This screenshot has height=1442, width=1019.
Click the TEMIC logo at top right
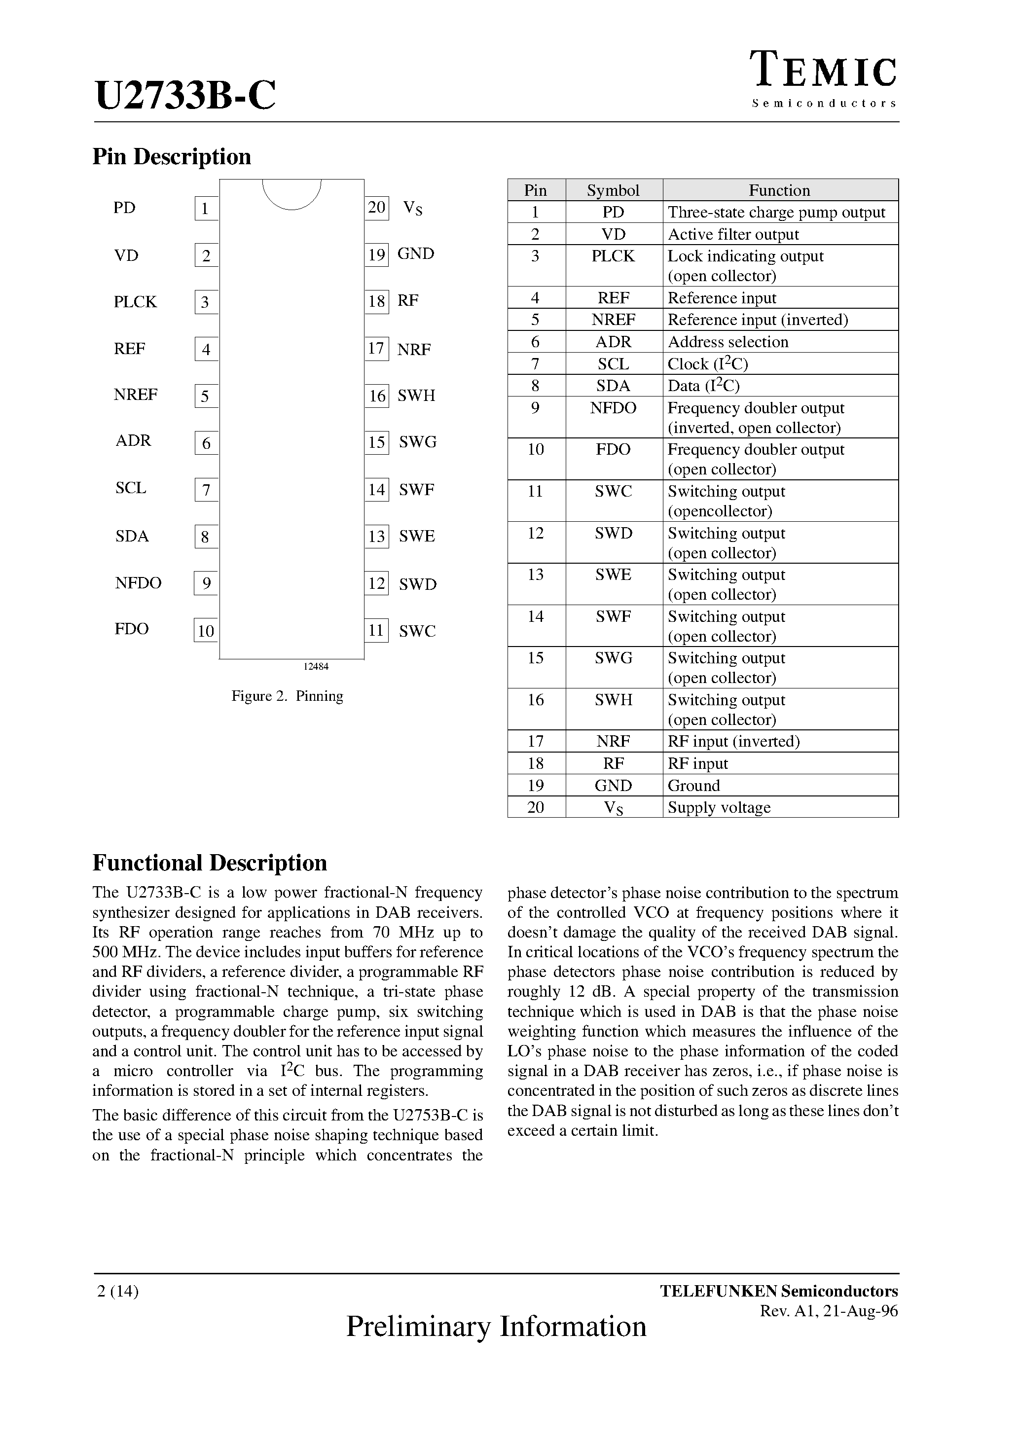tap(824, 71)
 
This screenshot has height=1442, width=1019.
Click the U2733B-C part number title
tap(185, 96)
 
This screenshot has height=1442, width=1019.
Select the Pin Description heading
tap(172, 156)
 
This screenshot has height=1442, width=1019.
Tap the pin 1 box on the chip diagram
tap(206, 209)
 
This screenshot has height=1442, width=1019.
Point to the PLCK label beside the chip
tap(135, 302)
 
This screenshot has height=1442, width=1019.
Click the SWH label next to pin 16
tap(416, 396)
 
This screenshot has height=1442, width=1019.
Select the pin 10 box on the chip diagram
tap(206, 631)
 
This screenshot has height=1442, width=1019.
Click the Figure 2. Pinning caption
tap(287, 696)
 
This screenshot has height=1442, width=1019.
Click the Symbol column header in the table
tap(613, 190)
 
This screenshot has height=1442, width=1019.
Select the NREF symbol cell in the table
tap(613, 320)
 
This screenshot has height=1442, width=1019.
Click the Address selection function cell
tap(728, 342)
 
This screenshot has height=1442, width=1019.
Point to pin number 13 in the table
tap(535, 575)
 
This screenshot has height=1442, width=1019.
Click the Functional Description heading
tap(210, 863)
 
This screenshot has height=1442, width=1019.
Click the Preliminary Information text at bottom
tap(496, 1326)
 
